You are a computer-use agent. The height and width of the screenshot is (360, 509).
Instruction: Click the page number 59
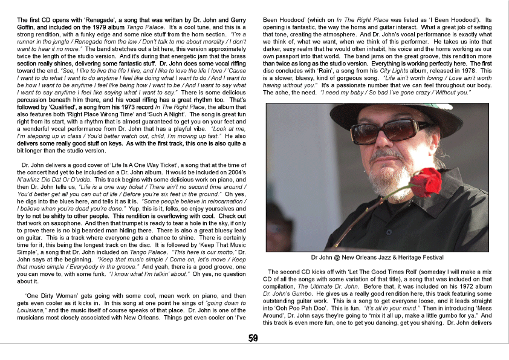[254, 338]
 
